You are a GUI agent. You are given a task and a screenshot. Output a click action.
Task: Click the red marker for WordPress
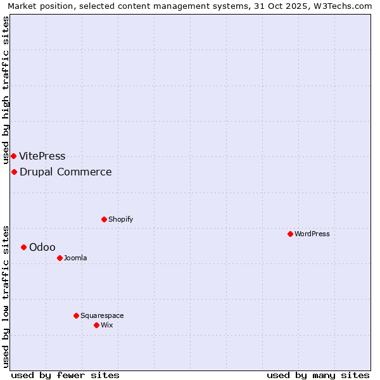tap(290, 234)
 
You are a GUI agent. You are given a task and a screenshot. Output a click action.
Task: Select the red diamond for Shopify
tap(104, 219)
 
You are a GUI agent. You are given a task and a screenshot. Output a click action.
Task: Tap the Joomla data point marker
tap(60, 258)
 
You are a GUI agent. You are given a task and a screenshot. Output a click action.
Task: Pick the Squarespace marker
tap(76, 315)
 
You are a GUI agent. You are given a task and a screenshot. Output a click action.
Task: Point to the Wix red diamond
tap(96, 325)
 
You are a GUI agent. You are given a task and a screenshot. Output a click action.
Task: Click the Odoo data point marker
tap(23, 247)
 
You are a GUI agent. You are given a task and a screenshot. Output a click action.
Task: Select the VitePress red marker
tap(13, 156)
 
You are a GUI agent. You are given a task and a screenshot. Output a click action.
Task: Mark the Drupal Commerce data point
tap(14, 172)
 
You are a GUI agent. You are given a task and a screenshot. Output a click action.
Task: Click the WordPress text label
tap(312, 234)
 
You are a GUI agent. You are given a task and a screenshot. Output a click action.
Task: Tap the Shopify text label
tap(120, 219)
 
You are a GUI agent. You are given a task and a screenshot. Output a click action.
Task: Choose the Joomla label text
tap(75, 258)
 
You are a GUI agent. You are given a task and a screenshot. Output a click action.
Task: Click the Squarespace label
tap(102, 315)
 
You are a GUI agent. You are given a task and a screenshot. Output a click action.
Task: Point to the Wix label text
tap(106, 325)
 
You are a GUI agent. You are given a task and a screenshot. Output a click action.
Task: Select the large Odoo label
tap(42, 247)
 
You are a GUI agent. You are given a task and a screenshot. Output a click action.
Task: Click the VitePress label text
tap(42, 156)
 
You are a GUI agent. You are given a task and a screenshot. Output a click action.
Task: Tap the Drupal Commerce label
tap(66, 172)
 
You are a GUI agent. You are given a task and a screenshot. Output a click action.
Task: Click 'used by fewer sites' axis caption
tap(65, 375)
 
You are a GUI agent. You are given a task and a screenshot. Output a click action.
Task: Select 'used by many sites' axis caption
tap(318, 375)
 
